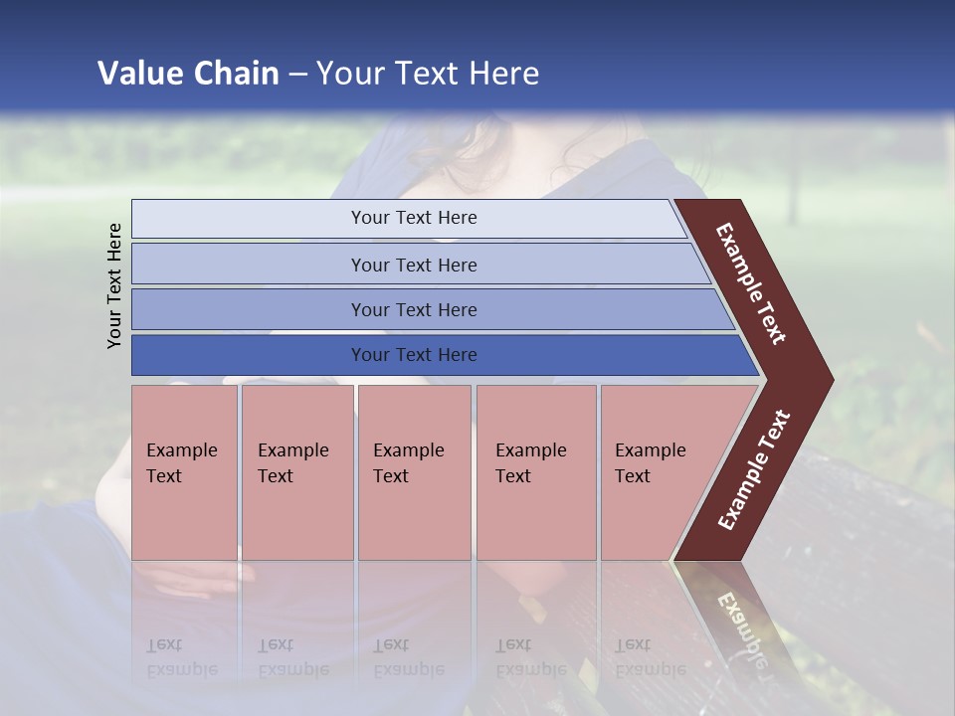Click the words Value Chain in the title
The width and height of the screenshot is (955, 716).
tap(188, 74)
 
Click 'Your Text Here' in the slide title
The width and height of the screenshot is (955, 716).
tap(428, 74)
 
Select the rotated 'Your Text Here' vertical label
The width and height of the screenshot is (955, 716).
tap(114, 285)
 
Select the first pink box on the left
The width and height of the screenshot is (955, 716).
tap(184, 472)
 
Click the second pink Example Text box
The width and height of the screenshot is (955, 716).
tap(296, 472)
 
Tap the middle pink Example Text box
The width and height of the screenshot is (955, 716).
tap(414, 472)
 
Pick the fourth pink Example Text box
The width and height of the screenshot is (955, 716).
tap(535, 472)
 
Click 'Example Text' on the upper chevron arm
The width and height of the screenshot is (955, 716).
tap(751, 283)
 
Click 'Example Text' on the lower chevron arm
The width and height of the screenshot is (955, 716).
tap(754, 470)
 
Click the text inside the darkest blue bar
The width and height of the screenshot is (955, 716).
tap(414, 355)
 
